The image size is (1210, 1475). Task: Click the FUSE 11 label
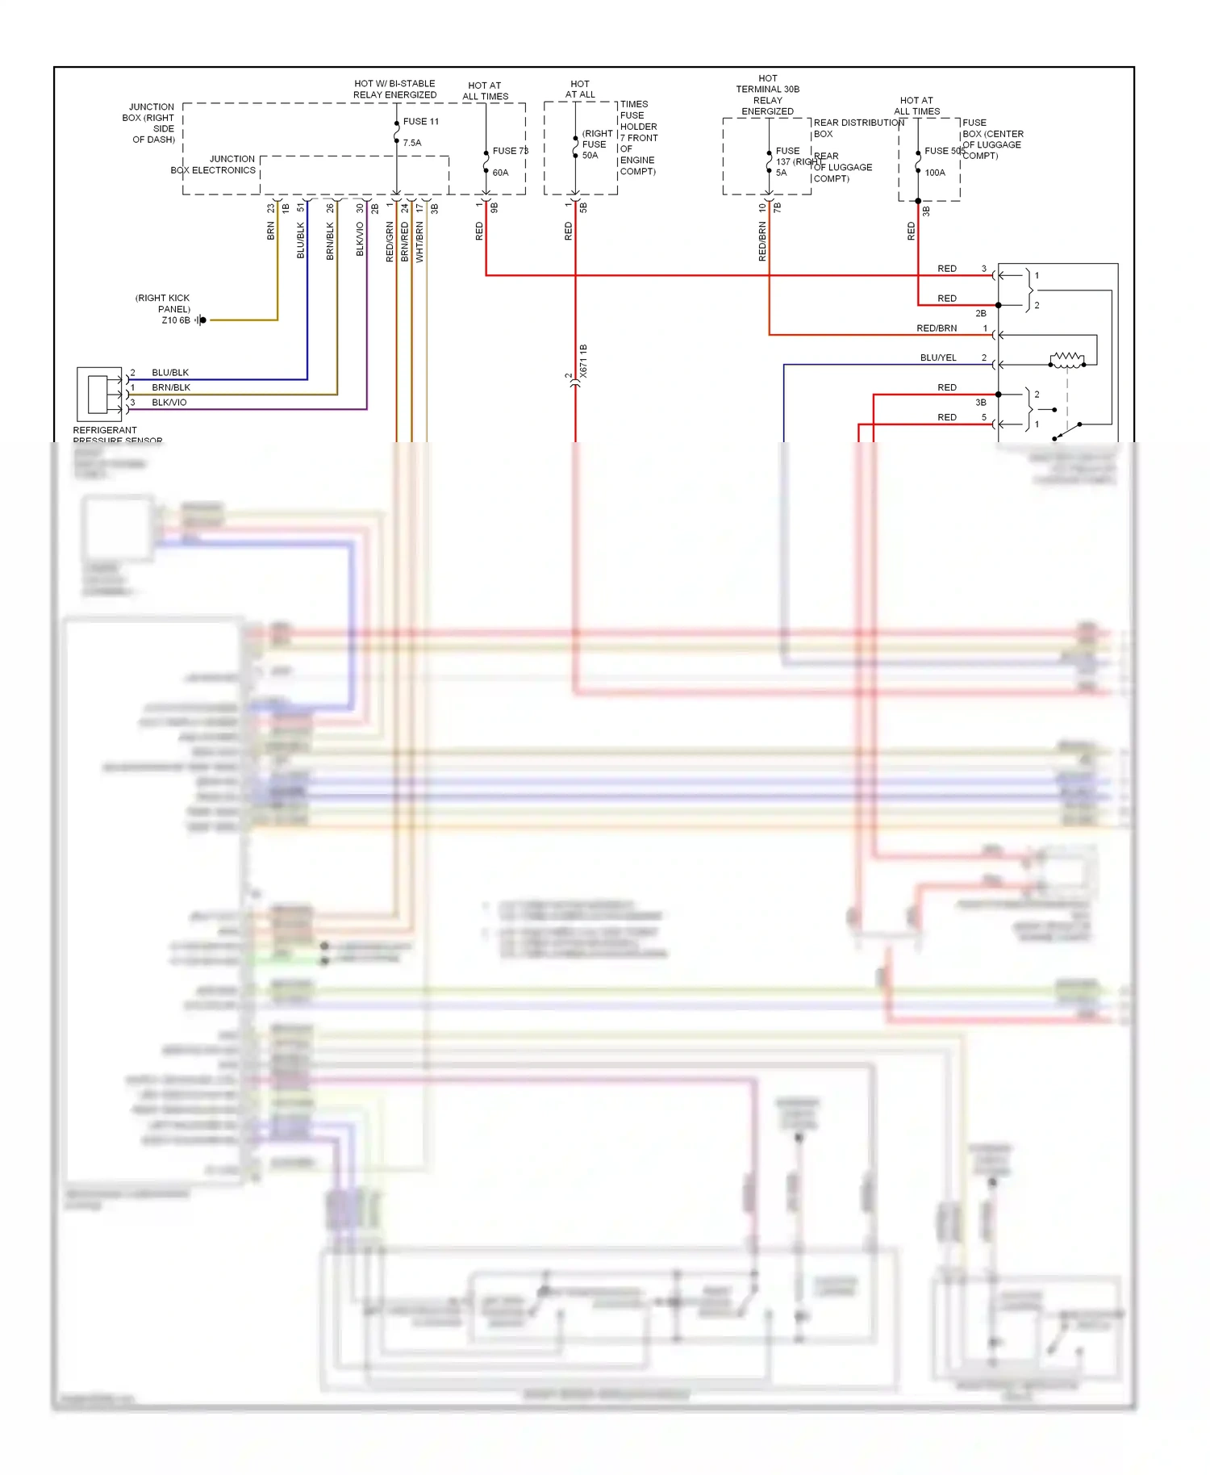coord(420,122)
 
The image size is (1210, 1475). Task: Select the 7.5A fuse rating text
coord(412,143)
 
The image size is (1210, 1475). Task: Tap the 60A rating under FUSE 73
coord(500,173)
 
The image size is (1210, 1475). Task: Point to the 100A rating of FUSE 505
coord(935,173)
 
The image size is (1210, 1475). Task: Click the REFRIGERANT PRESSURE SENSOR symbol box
coord(99,395)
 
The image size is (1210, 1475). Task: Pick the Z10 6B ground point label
coord(176,320)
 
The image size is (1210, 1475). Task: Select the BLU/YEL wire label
coord(938,357)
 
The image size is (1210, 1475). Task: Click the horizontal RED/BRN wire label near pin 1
coord(937,328)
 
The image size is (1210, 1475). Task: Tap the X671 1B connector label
coord(583,361)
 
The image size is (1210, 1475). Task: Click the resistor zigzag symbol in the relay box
coord(1066,359)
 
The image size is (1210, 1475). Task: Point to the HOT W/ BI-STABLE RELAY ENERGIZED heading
coord(394,89)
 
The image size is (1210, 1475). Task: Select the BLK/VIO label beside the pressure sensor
coord(169,403)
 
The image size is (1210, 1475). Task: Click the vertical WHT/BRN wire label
coord(419,242)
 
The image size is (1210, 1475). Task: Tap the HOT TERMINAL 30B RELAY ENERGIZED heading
coord(767,95)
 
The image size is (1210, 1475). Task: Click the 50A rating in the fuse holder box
coord(590,156)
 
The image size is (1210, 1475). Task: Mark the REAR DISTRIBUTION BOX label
coord(857,127)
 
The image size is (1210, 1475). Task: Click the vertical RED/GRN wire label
coord(390,242)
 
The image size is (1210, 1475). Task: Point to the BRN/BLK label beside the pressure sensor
coord(171,388)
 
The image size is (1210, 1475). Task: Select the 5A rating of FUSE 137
coord(781,173)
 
